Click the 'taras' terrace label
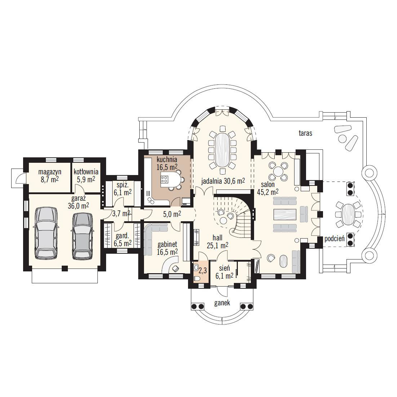305,133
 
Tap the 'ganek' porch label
222,303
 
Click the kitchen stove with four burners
164,179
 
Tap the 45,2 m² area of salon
268,192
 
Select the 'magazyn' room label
50,172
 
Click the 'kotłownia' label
86,172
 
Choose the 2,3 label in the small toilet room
202,271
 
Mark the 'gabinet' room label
167,244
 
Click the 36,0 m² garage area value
78,206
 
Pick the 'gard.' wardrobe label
122,236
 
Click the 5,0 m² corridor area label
172,214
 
